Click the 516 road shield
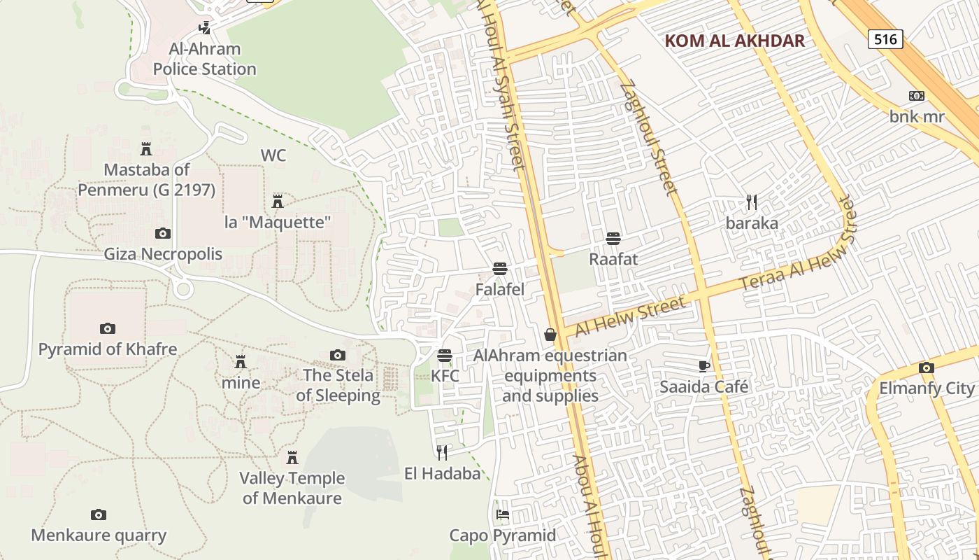pos(885,39)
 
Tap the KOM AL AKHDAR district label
pos(734,41)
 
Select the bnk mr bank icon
pos(916,96)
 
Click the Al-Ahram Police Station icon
pos(204,28)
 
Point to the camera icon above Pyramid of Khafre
pos(107,328)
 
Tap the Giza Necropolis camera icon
pos(162,233)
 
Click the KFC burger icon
pos(445,356)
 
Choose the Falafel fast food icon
pos(499,269)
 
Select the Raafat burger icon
pos(613,239)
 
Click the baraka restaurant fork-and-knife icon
pos(752,202)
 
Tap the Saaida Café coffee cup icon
pos(704,366)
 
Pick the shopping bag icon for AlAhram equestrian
pos(550,335)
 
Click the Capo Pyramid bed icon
pos(502,514)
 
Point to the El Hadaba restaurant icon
pos(442,452)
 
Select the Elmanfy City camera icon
pos(926,367)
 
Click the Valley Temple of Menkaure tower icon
pos(292,458)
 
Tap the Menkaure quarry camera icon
pos(99,515)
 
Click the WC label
pos(273,155)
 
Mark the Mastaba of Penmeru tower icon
pos(146,149)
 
